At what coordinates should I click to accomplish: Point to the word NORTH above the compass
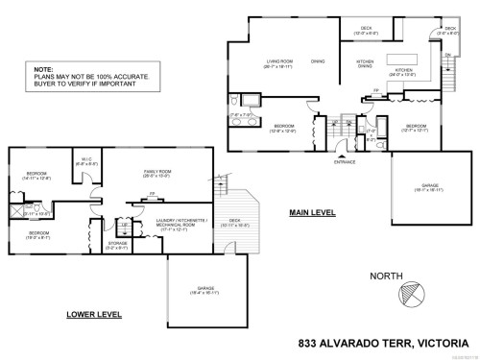click(386, 275)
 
